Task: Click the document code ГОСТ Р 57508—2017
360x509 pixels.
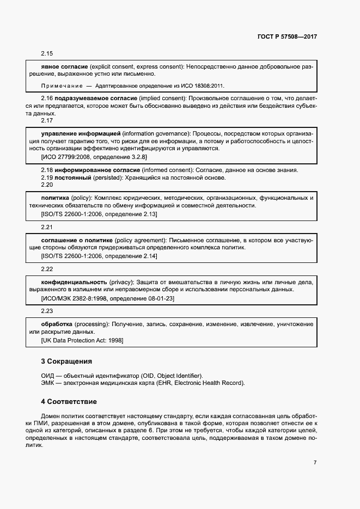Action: tap(287, 37)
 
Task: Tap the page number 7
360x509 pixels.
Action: tap(315, 462)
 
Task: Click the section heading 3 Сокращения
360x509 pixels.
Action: tap(66, 361)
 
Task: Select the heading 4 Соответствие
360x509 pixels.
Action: tap(69, 402)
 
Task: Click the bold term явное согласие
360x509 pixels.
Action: tap(65, 66)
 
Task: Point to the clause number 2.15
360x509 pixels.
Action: tap(47, 53)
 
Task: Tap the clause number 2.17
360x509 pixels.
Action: tap(47, 120)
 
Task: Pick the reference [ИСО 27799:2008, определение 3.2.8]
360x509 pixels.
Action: tap(94, 157)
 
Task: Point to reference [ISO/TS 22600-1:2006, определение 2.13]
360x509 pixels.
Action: tap(99, 214)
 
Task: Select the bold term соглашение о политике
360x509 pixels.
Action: tap(77, 240)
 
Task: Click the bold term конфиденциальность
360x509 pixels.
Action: tap(74, 283)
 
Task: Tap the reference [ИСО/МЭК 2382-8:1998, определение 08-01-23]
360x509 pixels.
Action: tap(108, 299)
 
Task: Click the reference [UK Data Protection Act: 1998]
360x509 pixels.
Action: tap(82, 340)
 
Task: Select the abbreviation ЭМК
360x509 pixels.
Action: tap(48, 383)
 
